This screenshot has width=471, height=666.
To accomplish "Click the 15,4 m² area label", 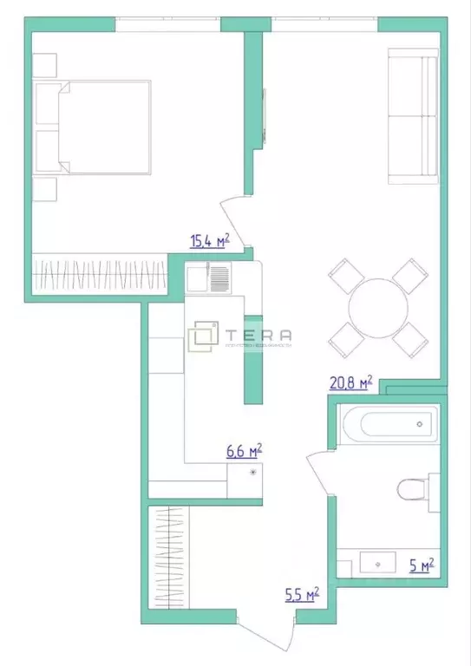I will (x=209, y=241).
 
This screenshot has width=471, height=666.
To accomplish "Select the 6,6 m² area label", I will (x=244, y=451).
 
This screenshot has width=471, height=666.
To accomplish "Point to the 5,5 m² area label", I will (x=301, y=595).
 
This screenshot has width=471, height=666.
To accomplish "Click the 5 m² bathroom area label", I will (x=421, y=566).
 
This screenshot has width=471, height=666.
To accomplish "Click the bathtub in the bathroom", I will (x=388, y=425).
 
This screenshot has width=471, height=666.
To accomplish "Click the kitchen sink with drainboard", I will (x=208, y=278).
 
